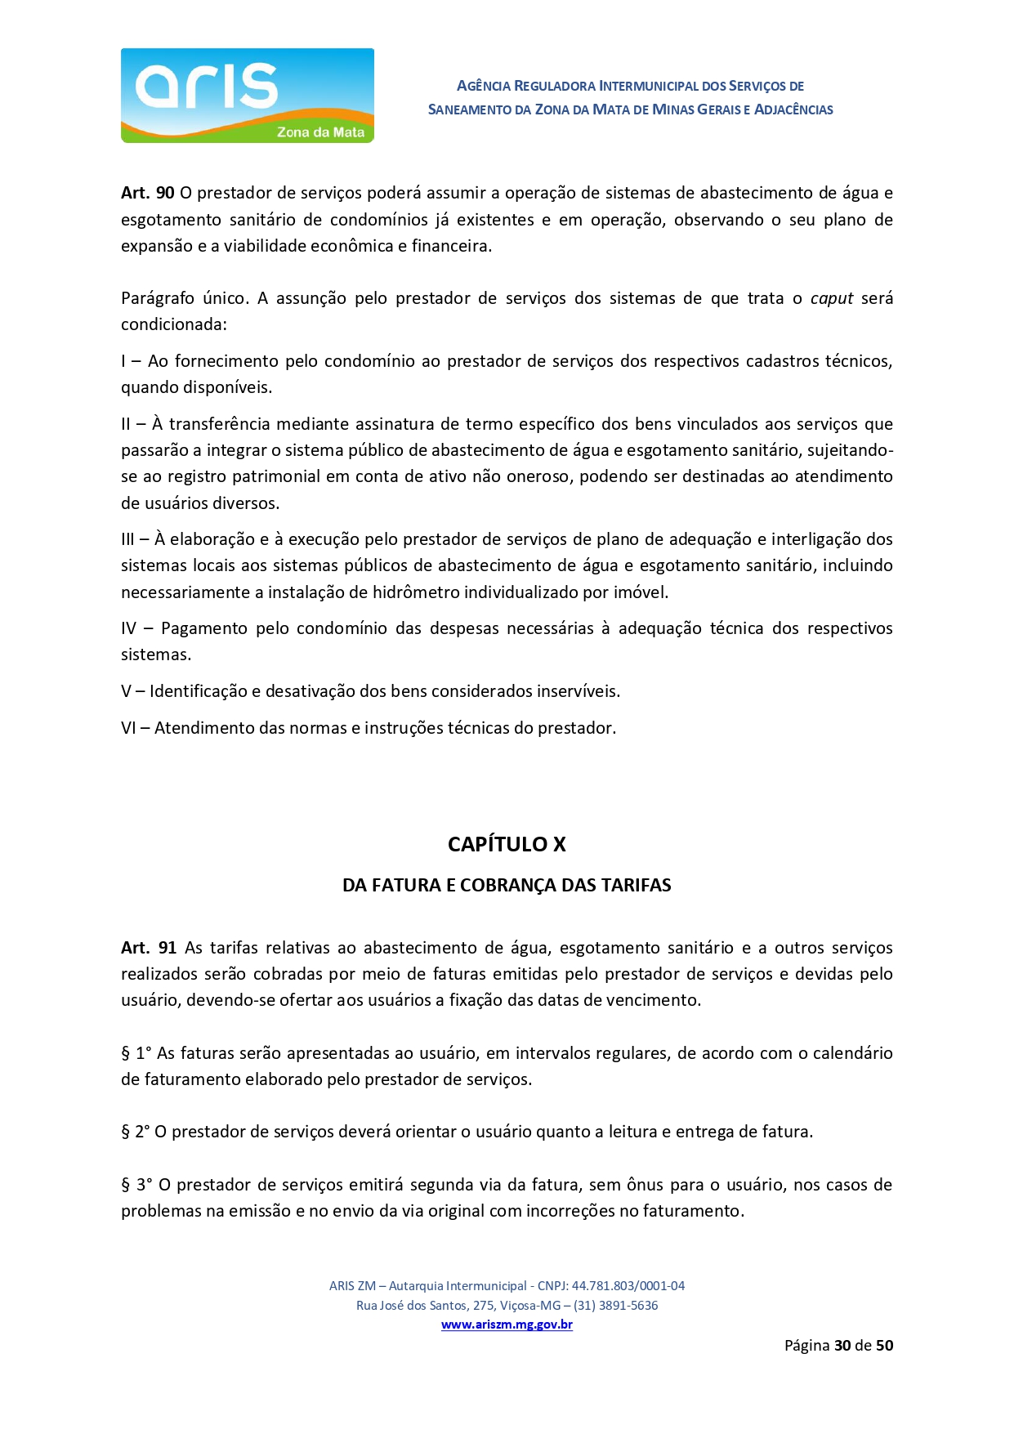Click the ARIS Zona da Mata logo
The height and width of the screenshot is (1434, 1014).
(x=247, y=96)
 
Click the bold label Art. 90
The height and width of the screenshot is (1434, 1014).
(x=148, y=193)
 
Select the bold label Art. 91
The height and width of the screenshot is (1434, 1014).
(x=149, y=948)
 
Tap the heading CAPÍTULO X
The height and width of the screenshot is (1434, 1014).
(x=507, y=844)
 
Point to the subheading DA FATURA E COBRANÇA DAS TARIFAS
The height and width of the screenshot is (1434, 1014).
(x=507, y=886)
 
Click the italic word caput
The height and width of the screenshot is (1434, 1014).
(x=832, y=298)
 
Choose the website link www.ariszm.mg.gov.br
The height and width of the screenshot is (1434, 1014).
(x=507, y=1325)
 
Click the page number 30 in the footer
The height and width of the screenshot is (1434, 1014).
(x=842, y=1346)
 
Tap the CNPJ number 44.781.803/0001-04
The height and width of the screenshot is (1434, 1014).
(x=628, y=1285)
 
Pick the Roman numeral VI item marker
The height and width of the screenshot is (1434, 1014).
(x=129, y=728)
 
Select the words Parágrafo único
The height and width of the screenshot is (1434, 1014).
(x=184, y=298)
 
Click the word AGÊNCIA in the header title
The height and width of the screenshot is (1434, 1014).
(x=483, y=86)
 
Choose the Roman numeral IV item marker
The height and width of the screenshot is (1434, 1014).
(x=129, y=628)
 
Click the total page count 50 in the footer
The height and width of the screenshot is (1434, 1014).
(x=884, y=1346)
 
